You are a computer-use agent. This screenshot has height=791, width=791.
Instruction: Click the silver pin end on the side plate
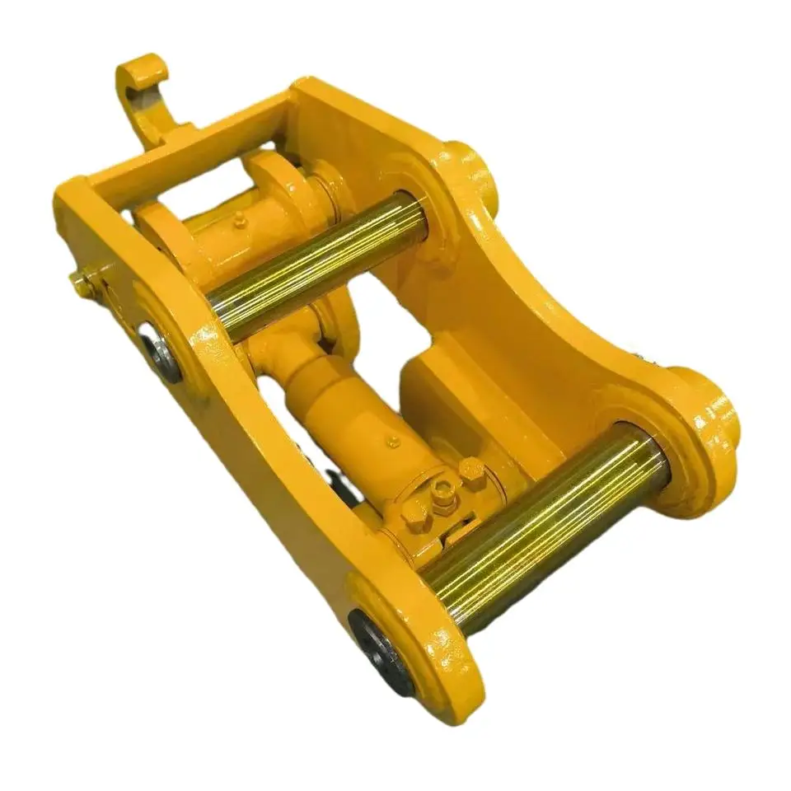161,351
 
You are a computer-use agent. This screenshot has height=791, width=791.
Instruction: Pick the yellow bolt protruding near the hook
82,285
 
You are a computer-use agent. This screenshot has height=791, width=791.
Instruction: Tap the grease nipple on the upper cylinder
239,220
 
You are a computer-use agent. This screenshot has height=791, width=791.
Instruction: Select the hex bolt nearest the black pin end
412,516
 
